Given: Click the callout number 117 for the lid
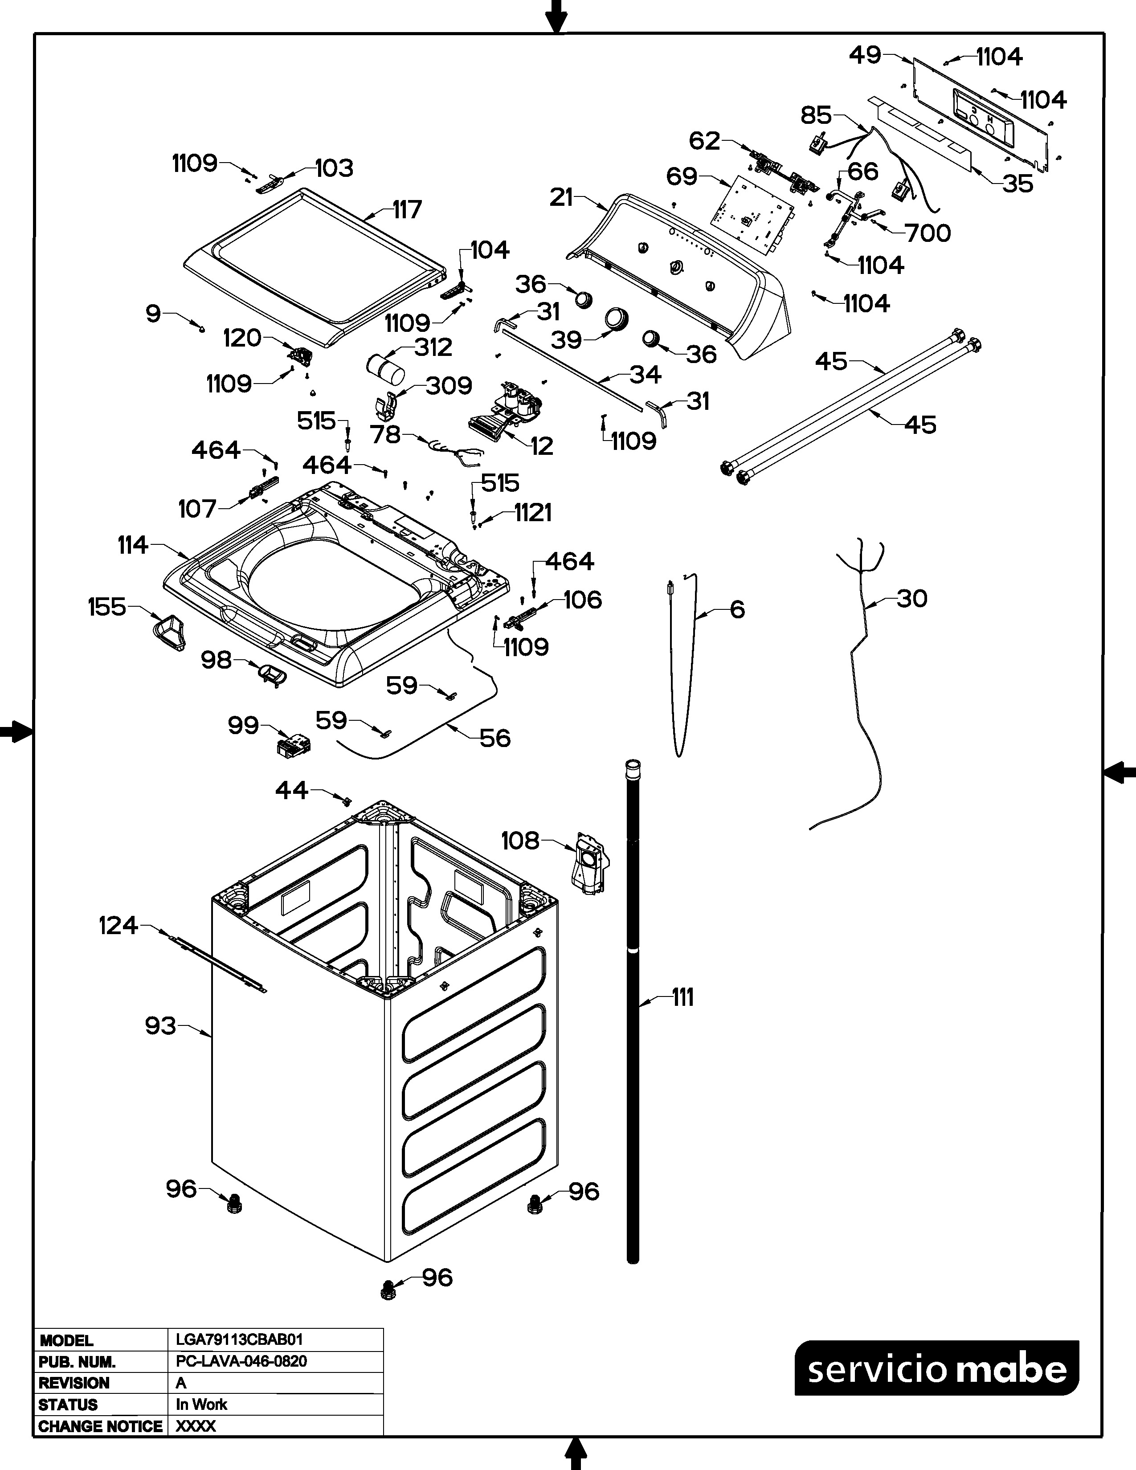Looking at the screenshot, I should [x=407, y=209].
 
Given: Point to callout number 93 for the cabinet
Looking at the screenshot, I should [x=160, y=1026].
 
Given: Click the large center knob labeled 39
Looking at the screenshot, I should [x=615, y=318].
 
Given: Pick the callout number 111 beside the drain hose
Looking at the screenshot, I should [x=682, y=997].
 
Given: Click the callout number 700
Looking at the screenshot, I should [x=928, y=233].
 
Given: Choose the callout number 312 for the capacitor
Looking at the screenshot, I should [x=433, y=347].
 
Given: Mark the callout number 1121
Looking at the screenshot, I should [x=533, y=513].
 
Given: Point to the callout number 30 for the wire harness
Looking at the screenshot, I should [x=912, y=598].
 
